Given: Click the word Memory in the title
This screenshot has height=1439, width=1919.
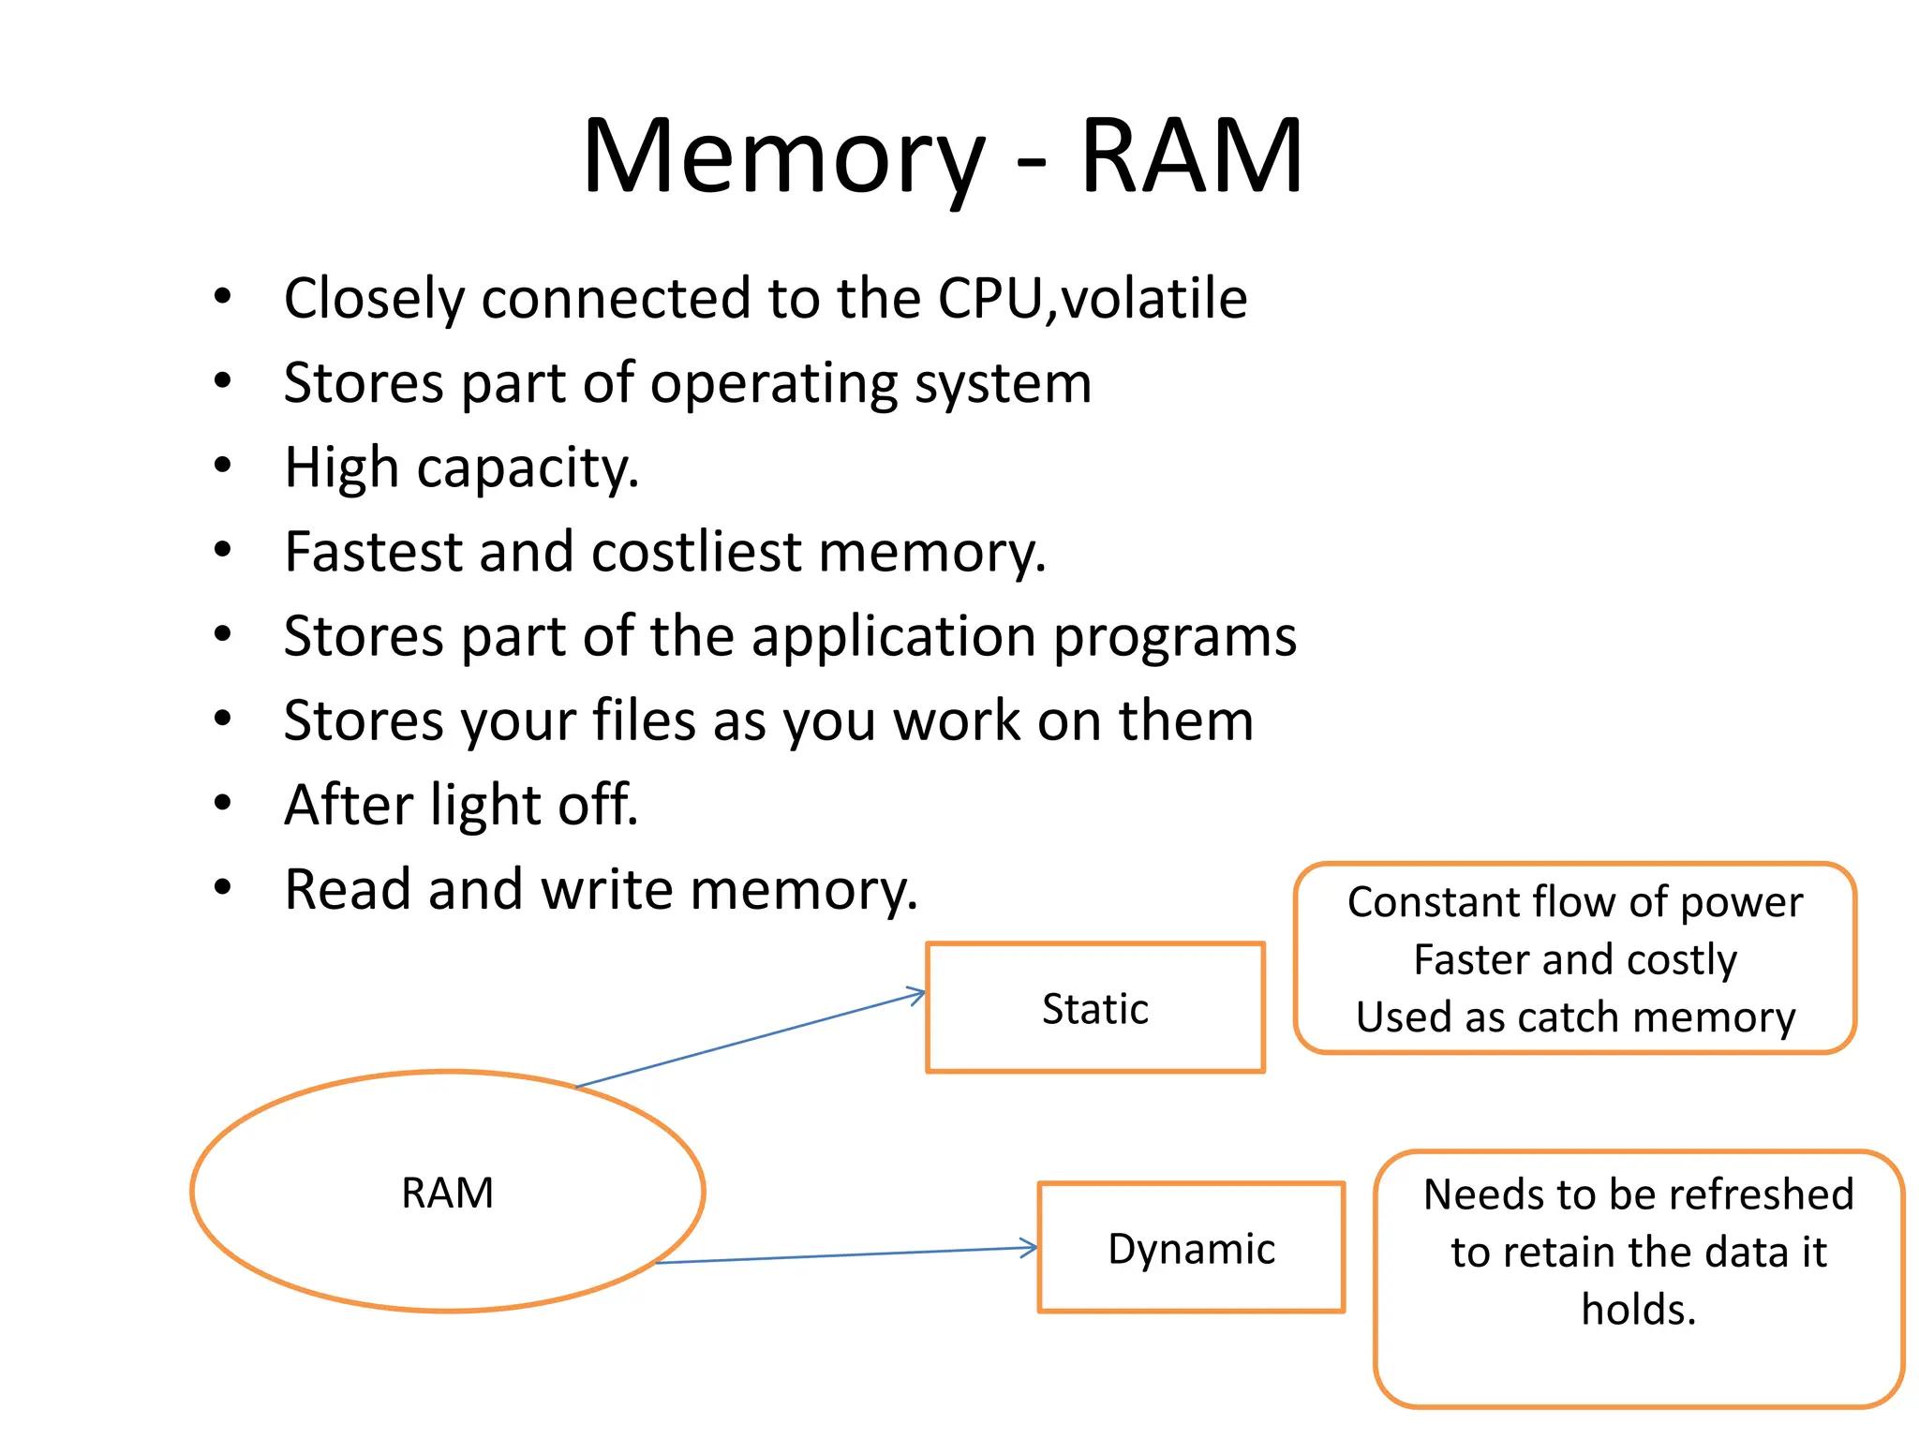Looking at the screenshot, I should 783,157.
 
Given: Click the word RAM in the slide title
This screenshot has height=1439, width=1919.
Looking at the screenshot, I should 1191,157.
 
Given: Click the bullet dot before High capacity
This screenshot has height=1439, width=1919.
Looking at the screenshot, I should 222,465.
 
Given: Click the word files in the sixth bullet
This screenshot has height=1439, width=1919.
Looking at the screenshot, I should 645,720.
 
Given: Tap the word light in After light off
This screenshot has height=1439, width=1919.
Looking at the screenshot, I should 485,806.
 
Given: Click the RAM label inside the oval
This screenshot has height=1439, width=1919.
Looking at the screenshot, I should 447,1194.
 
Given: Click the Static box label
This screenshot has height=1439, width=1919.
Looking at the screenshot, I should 1094,1009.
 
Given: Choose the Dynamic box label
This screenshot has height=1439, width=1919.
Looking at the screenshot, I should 1191,1249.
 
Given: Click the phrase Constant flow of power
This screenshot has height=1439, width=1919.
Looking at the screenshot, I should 1574,902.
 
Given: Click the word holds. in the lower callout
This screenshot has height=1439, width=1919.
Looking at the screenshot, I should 1638,1310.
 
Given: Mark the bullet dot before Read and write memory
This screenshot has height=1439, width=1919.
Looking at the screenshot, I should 222,887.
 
